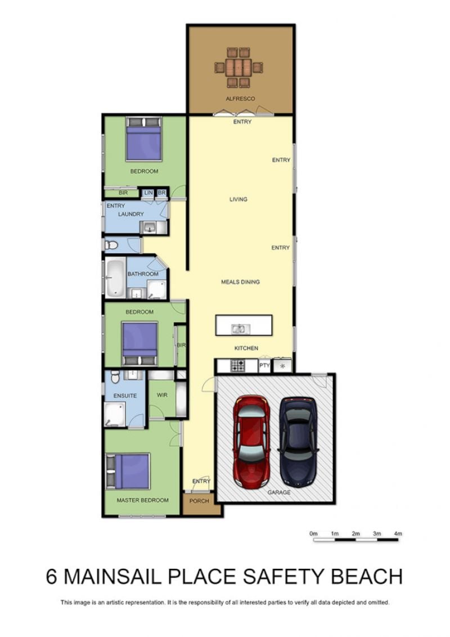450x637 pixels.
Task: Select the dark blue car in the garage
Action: [x=298, y=442]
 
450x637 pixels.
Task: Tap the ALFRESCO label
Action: [x=240, y=99]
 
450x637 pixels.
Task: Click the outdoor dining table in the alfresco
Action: [x=238, y=68]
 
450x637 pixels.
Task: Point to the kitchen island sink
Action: [x=238, y=329]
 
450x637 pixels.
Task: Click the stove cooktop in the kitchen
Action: [x=238, y=366]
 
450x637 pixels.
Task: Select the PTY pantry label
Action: [x=264, y=366]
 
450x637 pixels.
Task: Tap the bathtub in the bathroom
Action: [x=115, y=278]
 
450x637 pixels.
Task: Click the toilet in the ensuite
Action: [x=115, y=377]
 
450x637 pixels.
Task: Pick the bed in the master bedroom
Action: [x=129, y=471]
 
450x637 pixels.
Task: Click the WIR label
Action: [x=162, y=395]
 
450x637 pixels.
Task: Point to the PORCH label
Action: [x=199, y=501]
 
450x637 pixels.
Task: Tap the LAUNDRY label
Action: [x=130, y=213]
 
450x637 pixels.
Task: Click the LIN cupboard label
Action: [x=148, y=193]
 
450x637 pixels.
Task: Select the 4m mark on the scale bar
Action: [x=398, y=533]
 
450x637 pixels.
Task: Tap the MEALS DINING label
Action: [x=240, y=282]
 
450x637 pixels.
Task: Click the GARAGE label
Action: [x=279, y=492]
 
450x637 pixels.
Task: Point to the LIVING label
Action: [x=238, y=199]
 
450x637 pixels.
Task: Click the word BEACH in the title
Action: [x=367, y=577]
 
